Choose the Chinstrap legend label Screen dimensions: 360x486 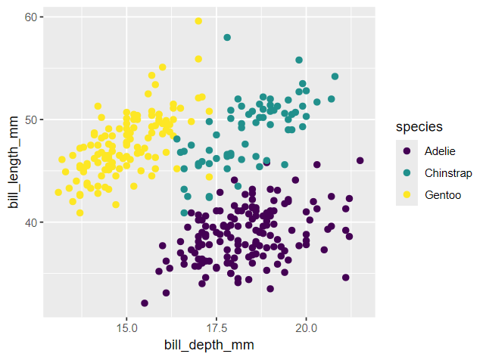pos(447,173)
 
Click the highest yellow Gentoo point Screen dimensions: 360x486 pos(198,21)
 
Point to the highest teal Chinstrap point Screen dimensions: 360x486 pos(227,37)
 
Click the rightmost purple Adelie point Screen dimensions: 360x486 pos(360,160)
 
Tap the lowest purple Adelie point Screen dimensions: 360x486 pos(145,303)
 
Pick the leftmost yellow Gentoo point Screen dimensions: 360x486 pos(58,192)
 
